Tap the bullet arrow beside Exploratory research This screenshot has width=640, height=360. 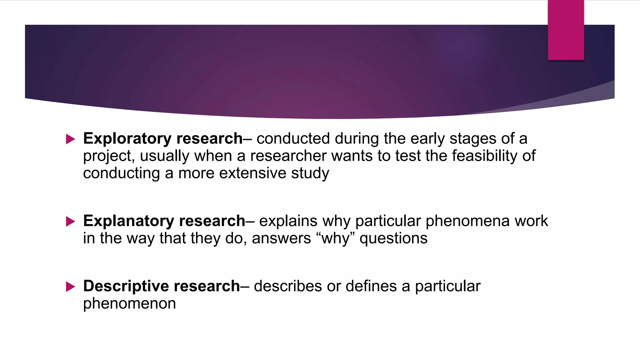tap(71, 139)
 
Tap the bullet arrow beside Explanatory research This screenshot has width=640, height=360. tap(71, 222)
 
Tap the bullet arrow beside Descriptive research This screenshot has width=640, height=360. tap(71, 287)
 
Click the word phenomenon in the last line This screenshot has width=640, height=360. tap(129, 304)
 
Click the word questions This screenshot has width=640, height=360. tap(393, 239)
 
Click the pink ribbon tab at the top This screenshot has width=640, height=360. tap(566, 30)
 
